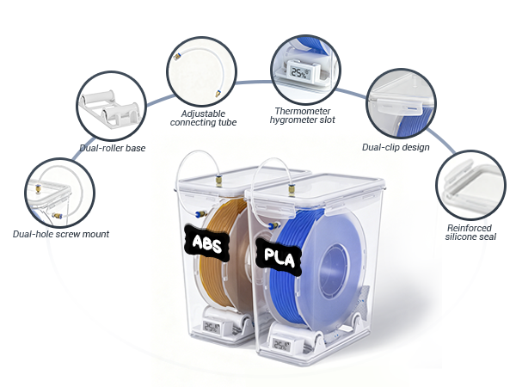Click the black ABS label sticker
(206, 243)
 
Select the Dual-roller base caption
(113, 148)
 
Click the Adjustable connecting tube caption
(203, 118)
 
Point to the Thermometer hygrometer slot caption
(303, 115)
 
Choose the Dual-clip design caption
(396, 147)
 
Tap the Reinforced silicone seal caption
(470, 232)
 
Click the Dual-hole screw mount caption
(61, 234)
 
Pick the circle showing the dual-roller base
(112, 106)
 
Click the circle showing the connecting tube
(202, 71)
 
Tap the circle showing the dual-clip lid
(401, 103)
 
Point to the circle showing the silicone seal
(470, 185)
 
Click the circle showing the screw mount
(60, 193)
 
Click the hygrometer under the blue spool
(281, 345)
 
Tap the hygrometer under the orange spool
(212, 327)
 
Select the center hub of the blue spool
(334, 268)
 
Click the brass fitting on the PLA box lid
(292, 190)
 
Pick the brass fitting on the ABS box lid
(218, 181)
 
